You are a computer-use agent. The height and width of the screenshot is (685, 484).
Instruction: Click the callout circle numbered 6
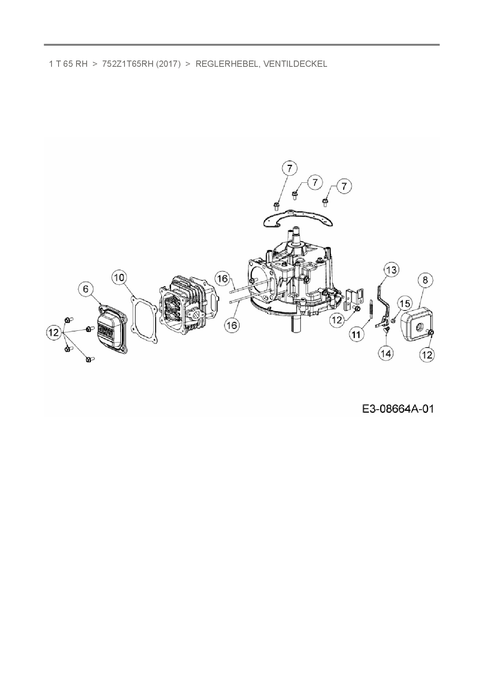86,289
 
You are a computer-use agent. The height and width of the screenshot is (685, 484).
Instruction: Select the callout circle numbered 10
119,277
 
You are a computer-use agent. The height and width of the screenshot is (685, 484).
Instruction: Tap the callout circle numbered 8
425,280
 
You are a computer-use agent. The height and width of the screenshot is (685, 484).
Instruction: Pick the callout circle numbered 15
405,303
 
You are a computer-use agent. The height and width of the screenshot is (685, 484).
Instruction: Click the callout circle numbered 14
386,353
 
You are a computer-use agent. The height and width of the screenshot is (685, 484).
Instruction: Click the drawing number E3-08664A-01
398,409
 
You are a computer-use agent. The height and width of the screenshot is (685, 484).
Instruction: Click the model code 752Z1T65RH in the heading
127,64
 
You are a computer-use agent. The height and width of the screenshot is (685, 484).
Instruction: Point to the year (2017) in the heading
168,64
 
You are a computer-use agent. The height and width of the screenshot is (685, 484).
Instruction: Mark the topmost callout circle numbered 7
289,169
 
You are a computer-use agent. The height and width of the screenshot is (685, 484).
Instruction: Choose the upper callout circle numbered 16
222,279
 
